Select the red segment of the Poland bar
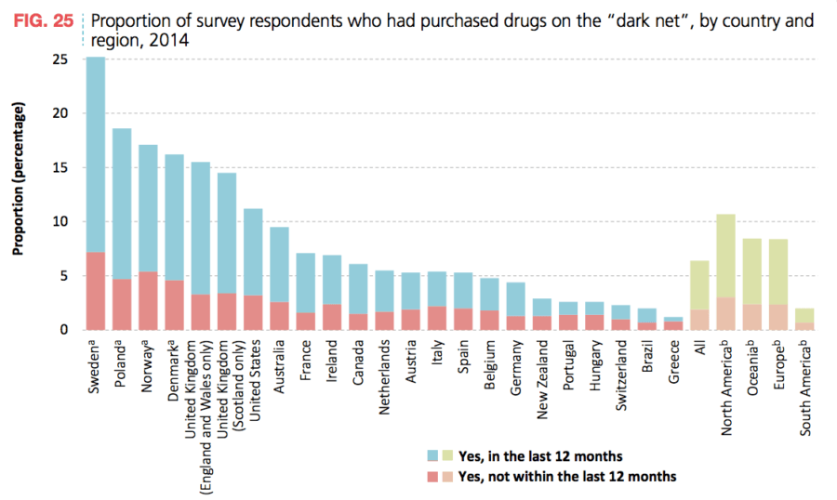pyautogui.click(x=122, y=304)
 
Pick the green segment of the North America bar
pyautogui.click(x=725, y=256)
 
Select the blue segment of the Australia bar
pyautogui.click(x=280, y=264)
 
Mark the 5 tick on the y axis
pyautogui.click(x=62, y=276)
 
